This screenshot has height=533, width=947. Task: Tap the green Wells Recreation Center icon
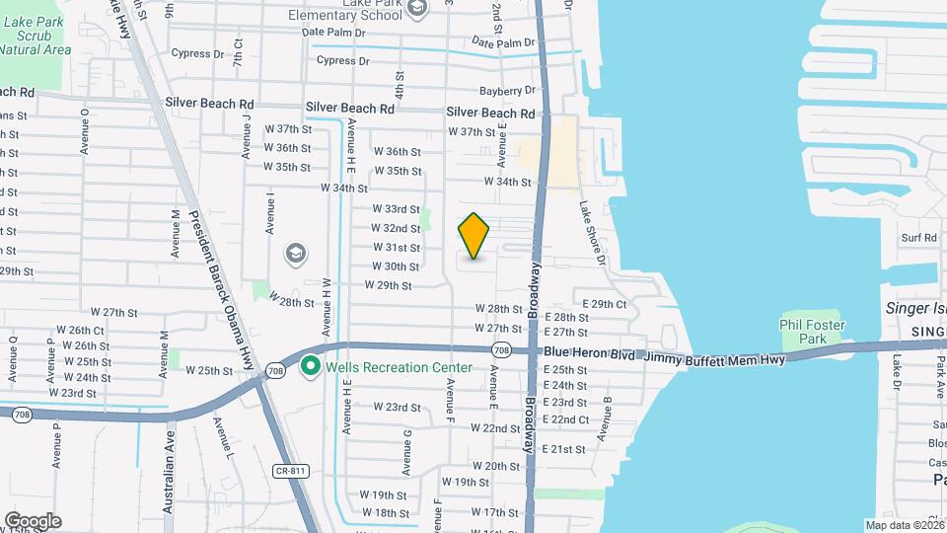point(311,367)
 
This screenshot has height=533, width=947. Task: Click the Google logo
point(33,520)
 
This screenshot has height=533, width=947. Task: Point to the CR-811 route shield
point(286,472)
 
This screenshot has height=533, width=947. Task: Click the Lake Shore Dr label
point(591,233)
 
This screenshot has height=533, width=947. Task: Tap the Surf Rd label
point(917,238)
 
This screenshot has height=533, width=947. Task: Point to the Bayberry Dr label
point(509,91)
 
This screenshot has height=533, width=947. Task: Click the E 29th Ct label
point(605,304)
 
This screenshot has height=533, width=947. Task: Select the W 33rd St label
point(396,209)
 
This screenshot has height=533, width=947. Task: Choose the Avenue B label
point(609,414)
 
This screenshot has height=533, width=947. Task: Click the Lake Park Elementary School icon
point(416,9)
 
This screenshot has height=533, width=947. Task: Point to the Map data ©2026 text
point(905,525)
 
